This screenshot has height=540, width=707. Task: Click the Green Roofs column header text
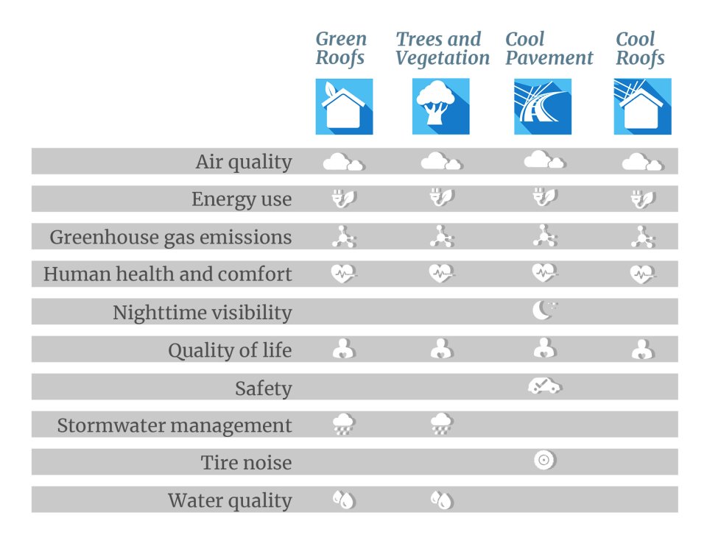pyautogui.click(x=341, y=49)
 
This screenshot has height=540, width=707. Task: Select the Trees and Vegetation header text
pyautogui.click(x=442, y=49)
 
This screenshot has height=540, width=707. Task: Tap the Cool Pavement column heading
pyautogui.click(x=549, y=49)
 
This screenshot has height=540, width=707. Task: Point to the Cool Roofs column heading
pyautogui.click(x=640, y=49)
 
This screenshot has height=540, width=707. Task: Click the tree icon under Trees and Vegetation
pyautogui.click(x=440, y=107)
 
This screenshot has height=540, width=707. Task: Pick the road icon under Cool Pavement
pyautogui.click(x=543, y=107)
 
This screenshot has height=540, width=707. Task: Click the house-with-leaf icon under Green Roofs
pyautogui.click(x=344, y=107)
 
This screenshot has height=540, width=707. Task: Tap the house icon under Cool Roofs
pyautogui.click(x=642, y=107)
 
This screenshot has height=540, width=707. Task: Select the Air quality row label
pyautogui.click(x=244, y=162)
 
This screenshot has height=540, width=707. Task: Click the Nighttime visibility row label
pyautogui.click(x=203, y=313)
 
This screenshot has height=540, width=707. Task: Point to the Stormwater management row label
pyautogui.click(x=175, y=426)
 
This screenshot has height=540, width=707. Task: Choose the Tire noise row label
pyautogui.click(x=247, y=463)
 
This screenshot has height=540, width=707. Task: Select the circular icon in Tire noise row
pyautogui.click(x=544, y=461)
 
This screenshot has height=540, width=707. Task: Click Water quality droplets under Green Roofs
pyautogui.click(x=344, y=500)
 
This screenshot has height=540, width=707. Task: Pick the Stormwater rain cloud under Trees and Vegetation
pyautogui.click(x=441, y=424)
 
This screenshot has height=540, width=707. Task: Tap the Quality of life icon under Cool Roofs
pyautogui.click(x=642, y=349)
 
